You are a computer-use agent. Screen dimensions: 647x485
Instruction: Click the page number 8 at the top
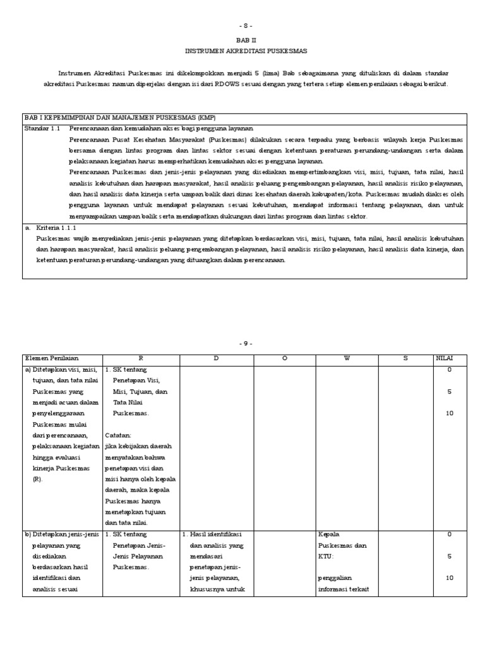pyautogui.click(x=245, y=25)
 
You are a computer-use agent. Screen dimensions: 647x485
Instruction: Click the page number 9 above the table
pyautogui.click(x=245, y=344)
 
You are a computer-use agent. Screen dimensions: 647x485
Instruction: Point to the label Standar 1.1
pyautogui.click(x=41, y=128)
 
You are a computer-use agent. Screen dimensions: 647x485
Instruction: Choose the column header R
pyautogui.click(x=141, y=358)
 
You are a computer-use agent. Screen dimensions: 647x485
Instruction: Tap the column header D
pyautogui.click(x=216, y=358)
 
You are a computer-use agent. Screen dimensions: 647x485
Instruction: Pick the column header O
pyautogui.click(x=284, y=358)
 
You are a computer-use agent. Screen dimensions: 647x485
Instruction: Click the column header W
pyautogui.click(x=347, y=358)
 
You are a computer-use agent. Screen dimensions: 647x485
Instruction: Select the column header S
pyautogui.click(x=405, y=358)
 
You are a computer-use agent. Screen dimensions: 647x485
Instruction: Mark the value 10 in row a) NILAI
pyautogui.click(x=449, y=413)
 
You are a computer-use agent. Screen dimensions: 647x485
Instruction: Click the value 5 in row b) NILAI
pyautogui.click(x=449, y=557)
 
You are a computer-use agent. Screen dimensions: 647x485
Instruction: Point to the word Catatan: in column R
pyautogui.click(x=119, y=435)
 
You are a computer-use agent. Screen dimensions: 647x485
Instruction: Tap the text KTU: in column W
pyautogui.click(x=327, y=557)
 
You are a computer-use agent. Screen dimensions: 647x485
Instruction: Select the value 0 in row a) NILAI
pyautogui.click(x=449, y=370)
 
